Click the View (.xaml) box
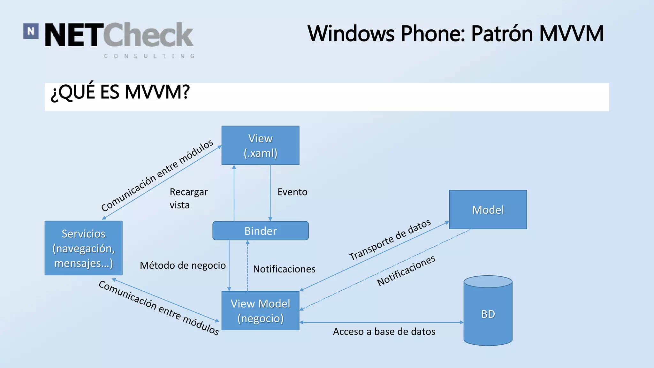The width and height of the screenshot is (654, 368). pyautogui.click(x=260, y=145)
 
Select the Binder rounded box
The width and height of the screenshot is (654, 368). pyautogui.click(x=260, y=231)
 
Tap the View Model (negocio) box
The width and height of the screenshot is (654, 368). pyautogui.click(x=260, y=310)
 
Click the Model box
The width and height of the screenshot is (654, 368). pyautogui.click(x=488, y=210)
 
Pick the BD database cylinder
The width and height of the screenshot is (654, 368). pyautogui.click(x=488, y=314)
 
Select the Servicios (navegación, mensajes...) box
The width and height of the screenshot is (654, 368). pyautogui.click(x=83, y=248)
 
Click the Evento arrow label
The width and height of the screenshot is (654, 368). pyautogui.click(x=292, y=192)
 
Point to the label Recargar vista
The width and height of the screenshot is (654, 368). pyautogui.click(x=188, y=198)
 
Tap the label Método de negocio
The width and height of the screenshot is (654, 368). pyautogui.click(x=183, y=265)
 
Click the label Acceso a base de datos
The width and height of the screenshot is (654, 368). pyautogui.click(x=384, y=332)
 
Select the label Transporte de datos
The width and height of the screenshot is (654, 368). pyautogui.click(x=390, y=240)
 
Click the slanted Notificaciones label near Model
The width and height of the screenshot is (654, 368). pyautogui.click(x=406, y=271)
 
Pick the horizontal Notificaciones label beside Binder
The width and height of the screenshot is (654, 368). pyautogui.click(x=284, y=269)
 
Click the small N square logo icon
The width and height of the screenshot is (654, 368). pyautogui.click(x=31, y=31)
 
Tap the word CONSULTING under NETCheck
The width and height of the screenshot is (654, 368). pyautogui.click(x=149, y=56)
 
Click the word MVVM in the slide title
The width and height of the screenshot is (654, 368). pyautogui.click(x=571, y=34)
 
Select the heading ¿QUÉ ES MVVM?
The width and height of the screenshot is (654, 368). pyautogui.click(x=120, y=92)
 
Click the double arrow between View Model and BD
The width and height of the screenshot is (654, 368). pyautogui.click(x=381, y=322)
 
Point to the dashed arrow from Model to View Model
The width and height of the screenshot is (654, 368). pyautogui.click(x=385, y=269)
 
